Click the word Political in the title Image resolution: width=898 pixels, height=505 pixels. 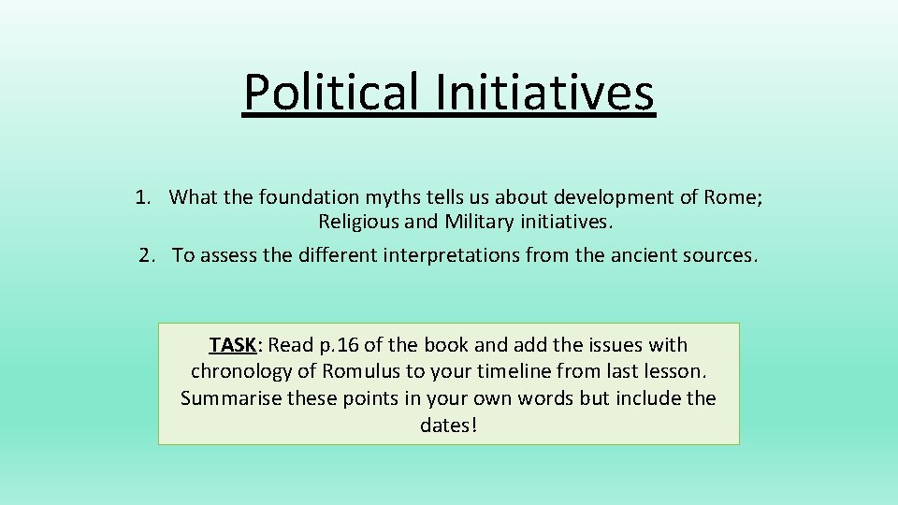[332, 92]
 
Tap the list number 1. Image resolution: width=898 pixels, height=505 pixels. [142, 197]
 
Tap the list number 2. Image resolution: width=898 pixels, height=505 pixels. [146, 256]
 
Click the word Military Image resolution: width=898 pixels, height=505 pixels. [478, 223]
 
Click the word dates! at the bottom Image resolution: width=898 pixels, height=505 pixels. [449, 426]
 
